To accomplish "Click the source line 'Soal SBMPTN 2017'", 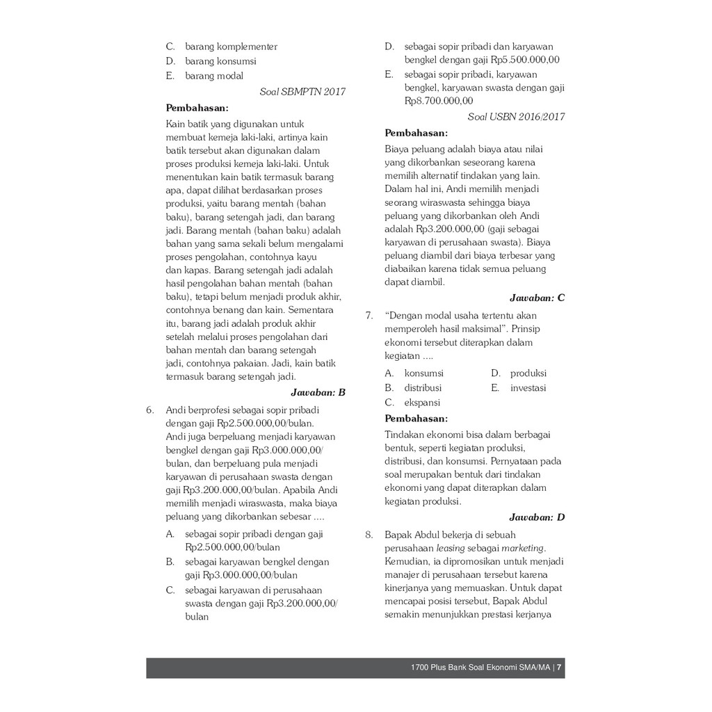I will (302, 92).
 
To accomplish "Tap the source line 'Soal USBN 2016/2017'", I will (516, 117).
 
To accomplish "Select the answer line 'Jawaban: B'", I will (317, 392).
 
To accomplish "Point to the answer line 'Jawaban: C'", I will (537, 298).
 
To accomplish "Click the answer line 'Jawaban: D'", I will (537, 517).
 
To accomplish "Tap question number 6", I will (150, 410).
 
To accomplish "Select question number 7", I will (369, 316).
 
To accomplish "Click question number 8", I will (369, 535).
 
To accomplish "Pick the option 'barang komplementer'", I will (231, 47).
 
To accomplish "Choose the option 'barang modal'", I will (214, 76).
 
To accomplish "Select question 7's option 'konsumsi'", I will (423, 373).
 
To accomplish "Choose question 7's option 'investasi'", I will (528, 388).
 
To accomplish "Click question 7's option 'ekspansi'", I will (422, 403).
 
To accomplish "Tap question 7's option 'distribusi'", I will (423, 388).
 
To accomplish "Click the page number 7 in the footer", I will (559, 668).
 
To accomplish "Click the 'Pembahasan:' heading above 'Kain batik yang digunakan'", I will (197, 108).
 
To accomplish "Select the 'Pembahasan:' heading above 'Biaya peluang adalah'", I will (416, 133).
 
